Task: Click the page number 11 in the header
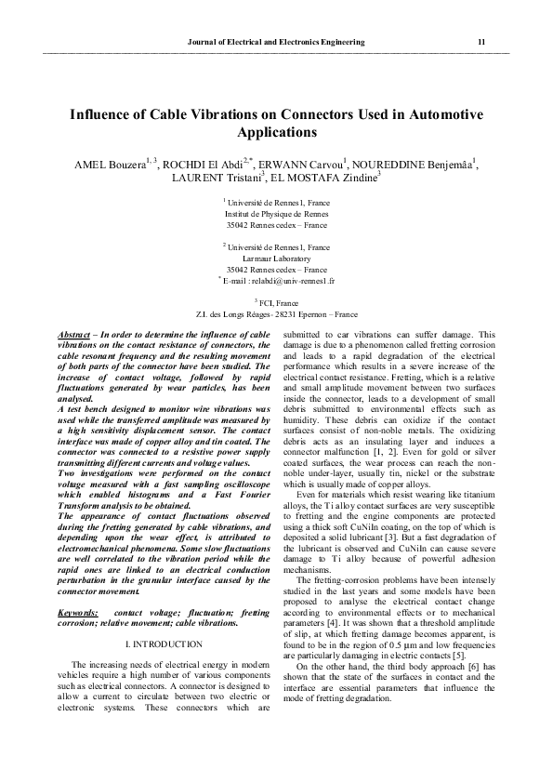click(481, 43)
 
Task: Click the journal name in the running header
click(276, 43)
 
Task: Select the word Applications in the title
click(275, 133)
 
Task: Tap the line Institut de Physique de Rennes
click(276, 213)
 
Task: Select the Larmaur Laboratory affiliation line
click(276, 258)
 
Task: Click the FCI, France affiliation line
click(276, 303)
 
